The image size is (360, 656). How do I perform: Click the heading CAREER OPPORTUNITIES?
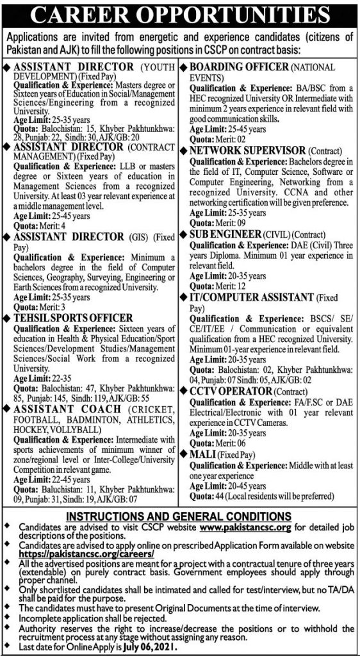click(x=180, y=15)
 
